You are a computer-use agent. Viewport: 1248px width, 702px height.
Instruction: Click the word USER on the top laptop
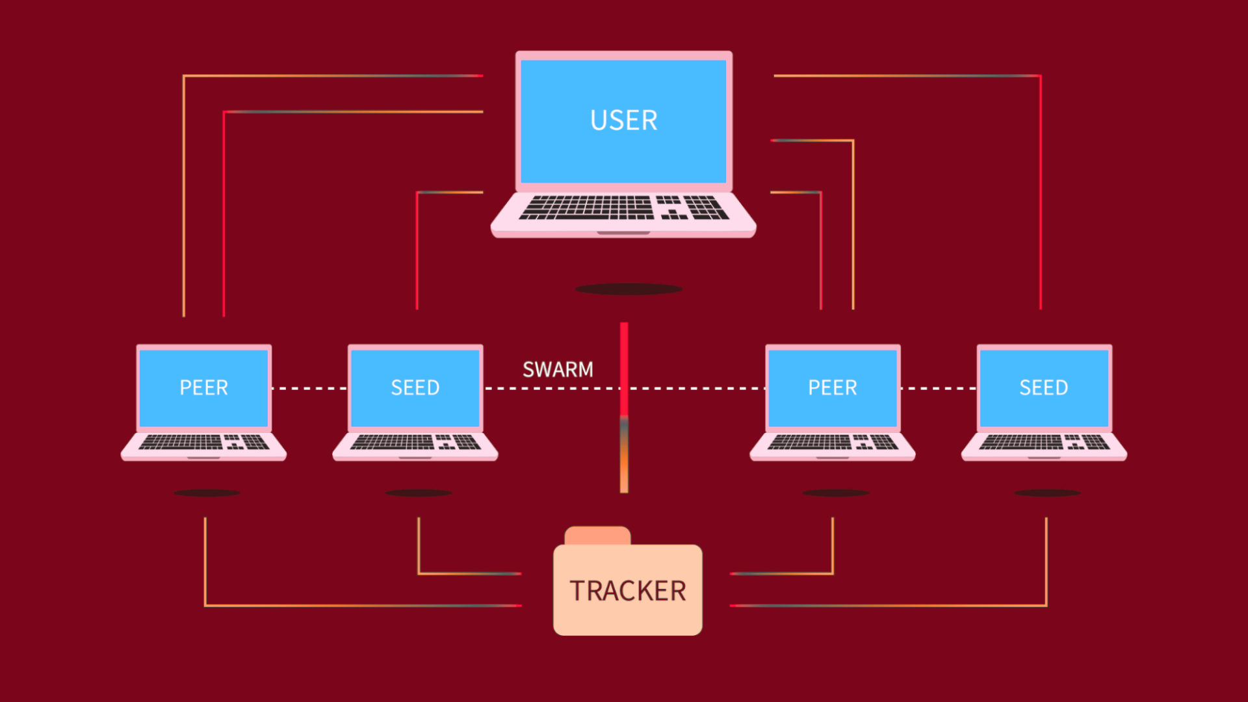click(623, 121)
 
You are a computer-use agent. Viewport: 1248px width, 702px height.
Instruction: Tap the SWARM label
click(558, 370)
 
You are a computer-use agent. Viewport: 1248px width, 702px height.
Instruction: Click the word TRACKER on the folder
click(628, 591)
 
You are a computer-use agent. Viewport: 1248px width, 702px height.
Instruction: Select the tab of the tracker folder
click(597, 536)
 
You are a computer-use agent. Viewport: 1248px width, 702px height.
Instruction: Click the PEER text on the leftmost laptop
click(203, 388)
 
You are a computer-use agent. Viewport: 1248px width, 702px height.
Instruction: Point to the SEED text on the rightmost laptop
click(1043, 388)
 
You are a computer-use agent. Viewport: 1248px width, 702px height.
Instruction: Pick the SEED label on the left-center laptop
click(415, 388)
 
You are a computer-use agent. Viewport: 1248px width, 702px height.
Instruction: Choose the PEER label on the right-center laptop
click(832, 388)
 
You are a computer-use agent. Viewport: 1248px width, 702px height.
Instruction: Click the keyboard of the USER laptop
click(623, 208)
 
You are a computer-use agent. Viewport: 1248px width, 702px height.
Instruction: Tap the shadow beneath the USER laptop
click(629, 289)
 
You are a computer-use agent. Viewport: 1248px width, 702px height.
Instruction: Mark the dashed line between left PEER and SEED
click(309, 389)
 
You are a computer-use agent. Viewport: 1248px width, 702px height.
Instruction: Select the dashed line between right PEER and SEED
click(939, 389)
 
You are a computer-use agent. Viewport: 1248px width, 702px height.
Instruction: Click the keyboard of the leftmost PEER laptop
click(203, 443)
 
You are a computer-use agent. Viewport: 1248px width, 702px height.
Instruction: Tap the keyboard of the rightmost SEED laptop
click(1044, 443)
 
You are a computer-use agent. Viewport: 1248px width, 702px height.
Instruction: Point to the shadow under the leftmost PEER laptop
click(207, 493)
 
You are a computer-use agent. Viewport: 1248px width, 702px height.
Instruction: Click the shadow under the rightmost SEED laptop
click(1047, 493)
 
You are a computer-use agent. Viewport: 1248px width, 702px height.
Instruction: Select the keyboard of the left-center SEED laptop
click(415, 443)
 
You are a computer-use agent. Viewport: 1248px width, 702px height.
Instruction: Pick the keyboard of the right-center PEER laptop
click(833, 443)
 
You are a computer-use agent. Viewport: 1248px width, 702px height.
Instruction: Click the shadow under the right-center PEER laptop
click(835, 493)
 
